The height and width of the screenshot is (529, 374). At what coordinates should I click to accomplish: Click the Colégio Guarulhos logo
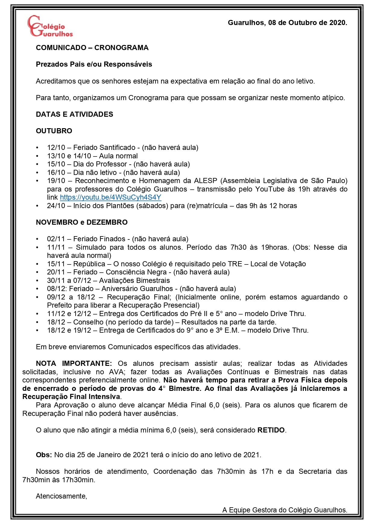[50, 26]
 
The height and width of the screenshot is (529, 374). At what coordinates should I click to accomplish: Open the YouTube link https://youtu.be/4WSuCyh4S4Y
[110, 198]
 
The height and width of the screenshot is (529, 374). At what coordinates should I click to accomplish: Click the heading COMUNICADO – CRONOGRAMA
[92, 48]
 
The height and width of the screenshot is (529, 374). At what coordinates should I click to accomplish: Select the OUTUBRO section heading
[54, 131]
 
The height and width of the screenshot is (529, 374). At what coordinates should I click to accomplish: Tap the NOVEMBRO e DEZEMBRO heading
[82, 222]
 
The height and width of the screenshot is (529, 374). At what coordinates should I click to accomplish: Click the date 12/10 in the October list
[56, 147]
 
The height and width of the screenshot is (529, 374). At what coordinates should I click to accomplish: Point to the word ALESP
[206, 181]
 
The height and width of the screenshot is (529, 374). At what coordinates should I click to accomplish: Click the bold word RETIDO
[271, 430]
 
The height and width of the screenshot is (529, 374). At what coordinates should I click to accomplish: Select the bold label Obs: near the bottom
[44, 455]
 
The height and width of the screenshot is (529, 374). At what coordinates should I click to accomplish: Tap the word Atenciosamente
[61, 496]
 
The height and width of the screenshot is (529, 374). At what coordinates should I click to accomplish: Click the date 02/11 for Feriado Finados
[56, 239]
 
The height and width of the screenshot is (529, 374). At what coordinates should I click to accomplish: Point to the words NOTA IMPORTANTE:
[74, 363]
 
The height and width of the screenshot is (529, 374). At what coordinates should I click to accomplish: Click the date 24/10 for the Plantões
[56, 206]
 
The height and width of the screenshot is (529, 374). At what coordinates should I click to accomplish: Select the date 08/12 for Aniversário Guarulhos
[56, 289]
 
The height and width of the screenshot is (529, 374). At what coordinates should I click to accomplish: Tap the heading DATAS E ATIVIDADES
[74, 114]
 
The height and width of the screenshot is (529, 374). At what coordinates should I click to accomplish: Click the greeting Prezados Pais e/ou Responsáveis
[94, 64]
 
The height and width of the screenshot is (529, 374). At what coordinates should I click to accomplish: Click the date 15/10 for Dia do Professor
[56, 164]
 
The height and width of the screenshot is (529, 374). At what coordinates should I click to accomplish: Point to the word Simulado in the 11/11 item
[90, 247]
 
